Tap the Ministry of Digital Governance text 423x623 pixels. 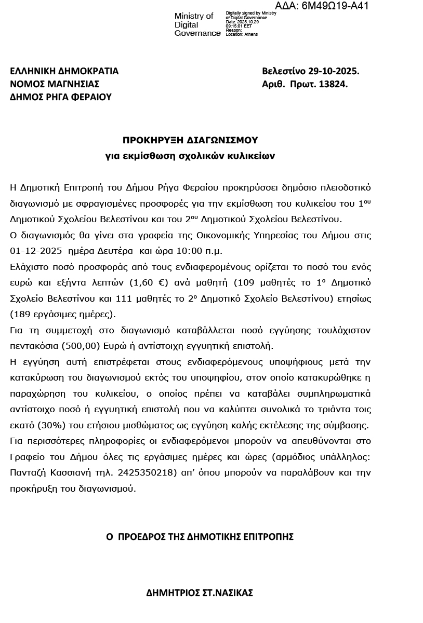(197, 24)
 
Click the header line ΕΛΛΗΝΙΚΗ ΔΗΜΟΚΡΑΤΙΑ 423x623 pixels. (64, 71)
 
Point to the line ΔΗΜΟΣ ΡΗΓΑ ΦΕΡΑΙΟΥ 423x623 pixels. (61, 97)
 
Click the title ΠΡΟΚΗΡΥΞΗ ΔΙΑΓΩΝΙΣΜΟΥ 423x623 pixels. (190, 140)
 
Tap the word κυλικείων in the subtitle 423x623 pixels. (253, 155)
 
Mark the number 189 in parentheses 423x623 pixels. (22, 315)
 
